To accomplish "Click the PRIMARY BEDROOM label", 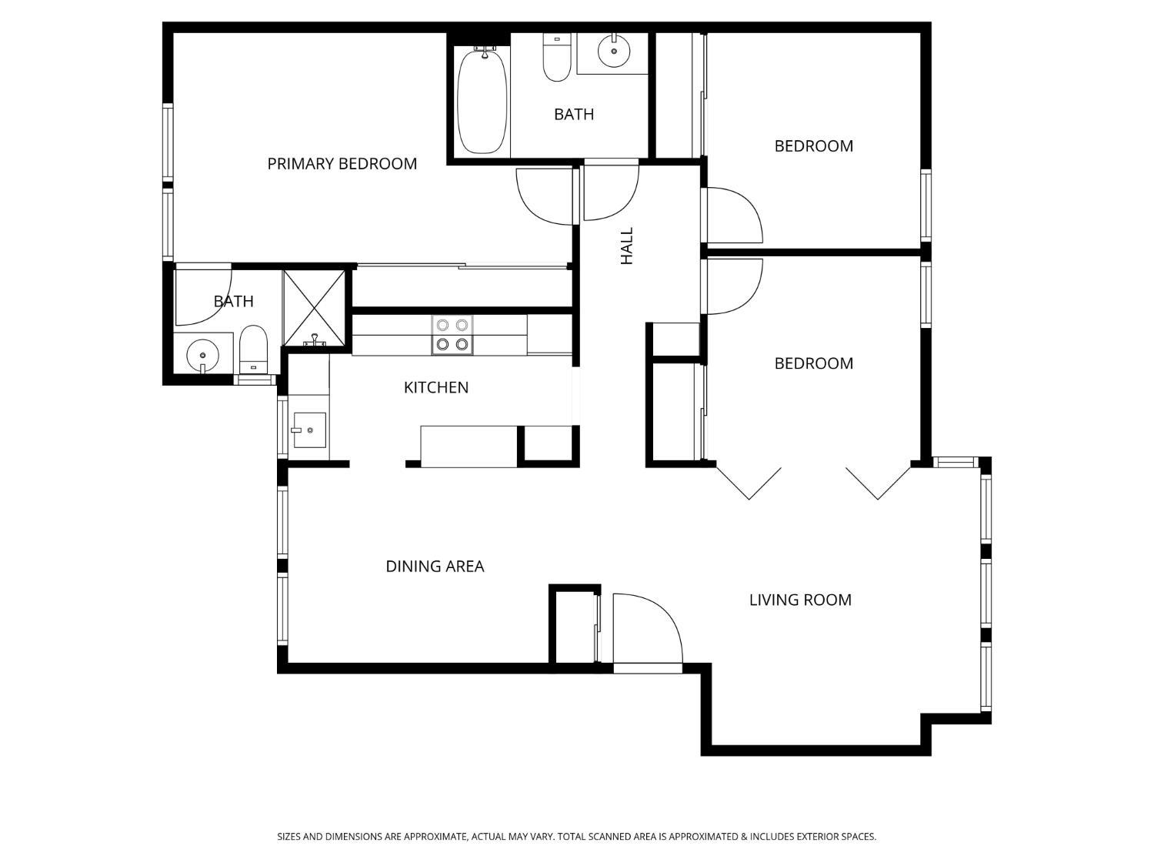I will [x=342, y=164].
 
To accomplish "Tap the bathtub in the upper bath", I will [x=482, y=102].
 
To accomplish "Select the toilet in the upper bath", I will [x=556, y=59].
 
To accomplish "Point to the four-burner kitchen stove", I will [x=452, y=335].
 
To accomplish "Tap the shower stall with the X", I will [x=314, y=306].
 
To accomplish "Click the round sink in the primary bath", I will [x=202, y=356].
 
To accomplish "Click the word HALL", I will [x=627, y=246].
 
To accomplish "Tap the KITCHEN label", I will [x=436, y=388].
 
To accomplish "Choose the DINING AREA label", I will [x=435, y=567].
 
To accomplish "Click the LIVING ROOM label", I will [x=800, y=600].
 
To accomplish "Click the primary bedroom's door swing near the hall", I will [x=545, y=198].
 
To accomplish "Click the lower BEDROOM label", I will [x=813, y=363].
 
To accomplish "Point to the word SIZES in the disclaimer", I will [x=289, y=837].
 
